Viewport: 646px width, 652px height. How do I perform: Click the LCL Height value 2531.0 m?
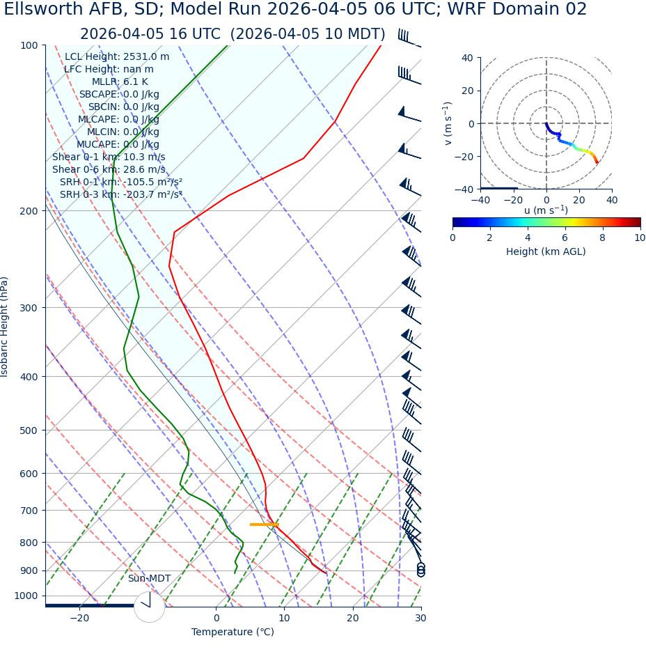click(x=146, y=57)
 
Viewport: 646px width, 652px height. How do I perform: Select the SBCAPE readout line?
click(x=119, y=95)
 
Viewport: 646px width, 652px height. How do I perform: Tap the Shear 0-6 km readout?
click(x=109, y=170)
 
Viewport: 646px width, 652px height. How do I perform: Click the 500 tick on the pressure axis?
click(x=28, y=430)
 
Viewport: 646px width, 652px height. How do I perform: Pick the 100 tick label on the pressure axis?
click(x=28, y=45)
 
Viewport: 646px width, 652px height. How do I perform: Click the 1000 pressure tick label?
click(x=25, y=596)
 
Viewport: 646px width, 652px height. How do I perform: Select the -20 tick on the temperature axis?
click(x=79, y=618)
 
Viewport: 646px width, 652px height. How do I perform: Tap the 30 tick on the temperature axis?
click(x=420, y=618)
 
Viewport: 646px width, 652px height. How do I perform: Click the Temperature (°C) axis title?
click(x=233, y=632)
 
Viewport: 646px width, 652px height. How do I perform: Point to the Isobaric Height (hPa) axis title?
click(x=5, y=327)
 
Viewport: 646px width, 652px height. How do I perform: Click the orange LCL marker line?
click(x=264, y=525)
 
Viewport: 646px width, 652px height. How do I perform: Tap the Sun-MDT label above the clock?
click(x=149, y=579)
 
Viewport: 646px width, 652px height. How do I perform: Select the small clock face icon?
click(x=149, y=607)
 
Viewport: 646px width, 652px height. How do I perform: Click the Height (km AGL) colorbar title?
click(x=546, y=251)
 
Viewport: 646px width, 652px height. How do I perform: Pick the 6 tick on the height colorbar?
click(x=565, y=238)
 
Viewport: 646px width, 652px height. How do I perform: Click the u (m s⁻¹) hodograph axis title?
click(x=546, y=210)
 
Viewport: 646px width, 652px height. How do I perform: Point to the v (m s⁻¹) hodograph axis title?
click(x=448, y=123)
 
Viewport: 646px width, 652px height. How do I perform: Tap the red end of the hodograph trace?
click(x=597, y=162)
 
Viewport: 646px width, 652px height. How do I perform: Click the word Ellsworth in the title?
click(x=42, y=10)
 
